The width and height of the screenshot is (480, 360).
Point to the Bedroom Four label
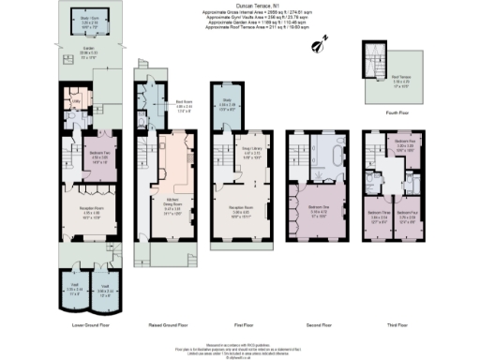pos(406,213)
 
